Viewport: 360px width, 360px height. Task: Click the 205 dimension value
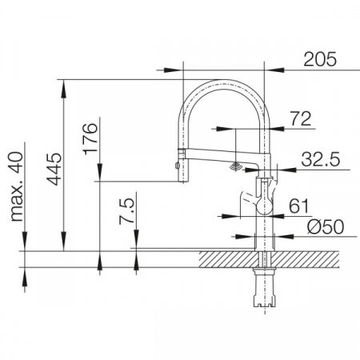(x=320, y=59)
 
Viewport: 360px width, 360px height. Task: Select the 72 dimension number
(x=301, y=119)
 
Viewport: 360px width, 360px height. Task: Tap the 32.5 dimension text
(x=321, y=159)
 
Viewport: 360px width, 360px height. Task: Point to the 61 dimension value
(x=298, y=206)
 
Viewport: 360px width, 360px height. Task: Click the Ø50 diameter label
(x=326, y=227)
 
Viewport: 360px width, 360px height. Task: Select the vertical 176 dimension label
(x=90, y=138)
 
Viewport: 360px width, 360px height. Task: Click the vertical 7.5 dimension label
(x=126, y=210)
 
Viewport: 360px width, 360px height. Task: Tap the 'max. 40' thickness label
(x=17, y=186)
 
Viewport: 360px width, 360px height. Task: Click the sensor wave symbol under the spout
(x=236, y=167)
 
